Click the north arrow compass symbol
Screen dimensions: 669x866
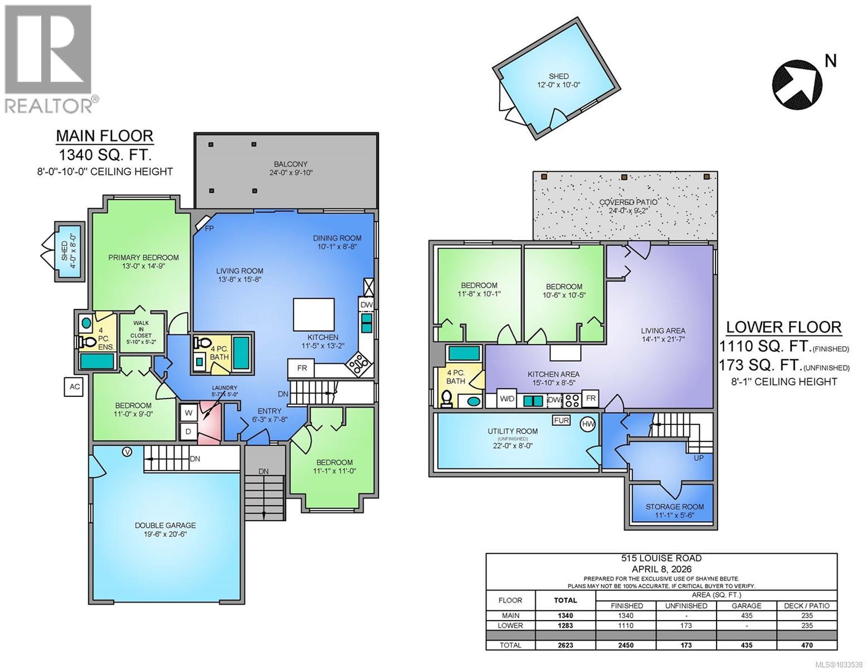coord(797,83)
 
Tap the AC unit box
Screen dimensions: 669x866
coord(73,386)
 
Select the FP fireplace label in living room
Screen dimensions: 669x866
coord(209,229)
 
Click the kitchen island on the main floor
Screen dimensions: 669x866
coord(314,314)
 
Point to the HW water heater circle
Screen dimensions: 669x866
coord(588,424)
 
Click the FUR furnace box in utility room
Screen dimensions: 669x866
coord(561,420)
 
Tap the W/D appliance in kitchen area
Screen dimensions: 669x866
coord(507,399)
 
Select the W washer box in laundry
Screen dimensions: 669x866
coord(188,413)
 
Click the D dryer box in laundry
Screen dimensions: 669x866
coord(188,432)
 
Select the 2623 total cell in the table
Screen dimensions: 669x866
coord(565,645)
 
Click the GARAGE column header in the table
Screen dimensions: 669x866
coord(746,605)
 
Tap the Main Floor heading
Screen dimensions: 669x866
coord(104,135)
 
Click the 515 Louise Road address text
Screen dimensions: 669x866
coord(661,558)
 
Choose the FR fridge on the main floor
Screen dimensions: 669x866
coord(302,368)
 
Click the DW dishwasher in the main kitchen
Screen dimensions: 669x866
coord(366,305)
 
